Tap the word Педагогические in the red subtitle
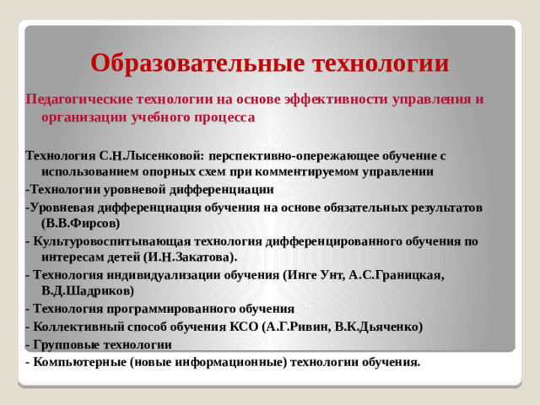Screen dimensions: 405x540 click(81, 99)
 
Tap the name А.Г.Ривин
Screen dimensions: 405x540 click(294, 327)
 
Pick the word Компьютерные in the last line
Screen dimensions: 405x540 click(72, 362)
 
